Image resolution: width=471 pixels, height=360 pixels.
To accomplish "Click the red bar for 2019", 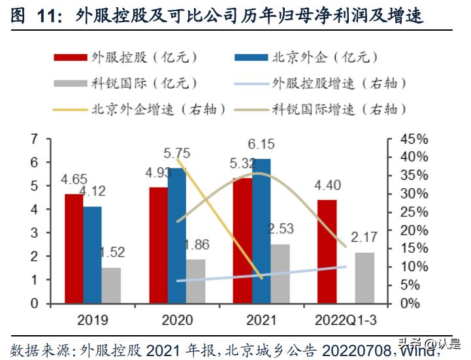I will click(74, 249).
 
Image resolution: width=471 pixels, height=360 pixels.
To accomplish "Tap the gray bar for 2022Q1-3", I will click(365, 278).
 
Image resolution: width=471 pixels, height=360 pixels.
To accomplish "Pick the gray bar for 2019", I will click(112, 286).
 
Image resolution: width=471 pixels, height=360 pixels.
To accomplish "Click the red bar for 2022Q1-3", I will click(327, 252).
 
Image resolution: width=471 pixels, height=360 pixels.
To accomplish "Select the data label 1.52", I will click(112, 252).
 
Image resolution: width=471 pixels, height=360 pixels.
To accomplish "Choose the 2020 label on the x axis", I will click(176, 321).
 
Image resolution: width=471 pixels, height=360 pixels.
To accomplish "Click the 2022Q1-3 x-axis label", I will click(346, 321).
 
